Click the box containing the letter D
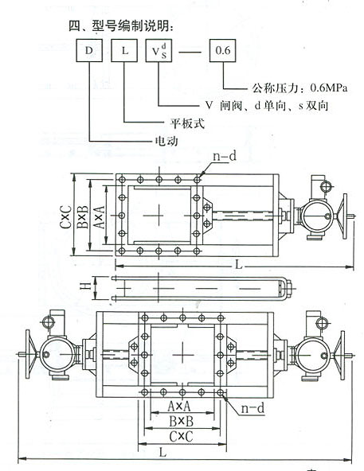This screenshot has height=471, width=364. click(x=89, y=50)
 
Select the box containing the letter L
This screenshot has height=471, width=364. click(x=124, y=50)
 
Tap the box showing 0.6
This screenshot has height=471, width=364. click(x=222, y=50)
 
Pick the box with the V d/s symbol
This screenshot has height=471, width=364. click(x=159, y=50)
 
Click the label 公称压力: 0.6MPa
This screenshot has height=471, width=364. click(x=299, y=88)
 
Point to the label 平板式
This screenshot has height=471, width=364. click(x=188, y=123)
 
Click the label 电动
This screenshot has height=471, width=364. click(x=166, y=141)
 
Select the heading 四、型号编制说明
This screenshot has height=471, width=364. click(x=121, y=26)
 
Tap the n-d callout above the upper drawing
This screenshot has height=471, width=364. click(x=225, y=156)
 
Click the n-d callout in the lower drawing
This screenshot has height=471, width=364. click(x=252, y=408)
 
